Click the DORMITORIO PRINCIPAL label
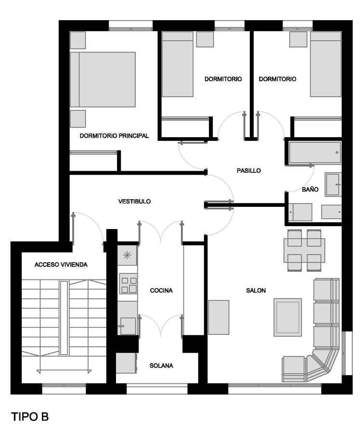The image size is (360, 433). [x=114, y=136]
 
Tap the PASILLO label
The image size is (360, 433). [x=249, y=171]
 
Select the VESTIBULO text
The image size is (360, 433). [x=135, y=201]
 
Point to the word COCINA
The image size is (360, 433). [x=161, y=290]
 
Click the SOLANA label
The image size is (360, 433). [x=161, y=366]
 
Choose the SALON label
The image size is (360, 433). [x=256, y=290]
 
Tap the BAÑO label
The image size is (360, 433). [x=310, y=190]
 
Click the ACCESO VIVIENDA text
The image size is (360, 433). [x=61, y=265]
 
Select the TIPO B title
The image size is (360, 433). [x=30, y=417]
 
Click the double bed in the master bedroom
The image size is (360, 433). [x=103, y=79]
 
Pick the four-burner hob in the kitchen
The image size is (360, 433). [x=128, y=283]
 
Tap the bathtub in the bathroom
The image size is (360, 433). [x=315, y=153]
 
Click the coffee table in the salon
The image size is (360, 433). [x=288, y=318]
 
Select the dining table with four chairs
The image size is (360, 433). [x=305, y=250]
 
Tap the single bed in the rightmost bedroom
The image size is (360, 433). [x=326, y=64]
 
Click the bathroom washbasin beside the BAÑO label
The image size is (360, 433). [x=333, y=184]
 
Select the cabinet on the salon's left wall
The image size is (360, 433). [x=219, y=318]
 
